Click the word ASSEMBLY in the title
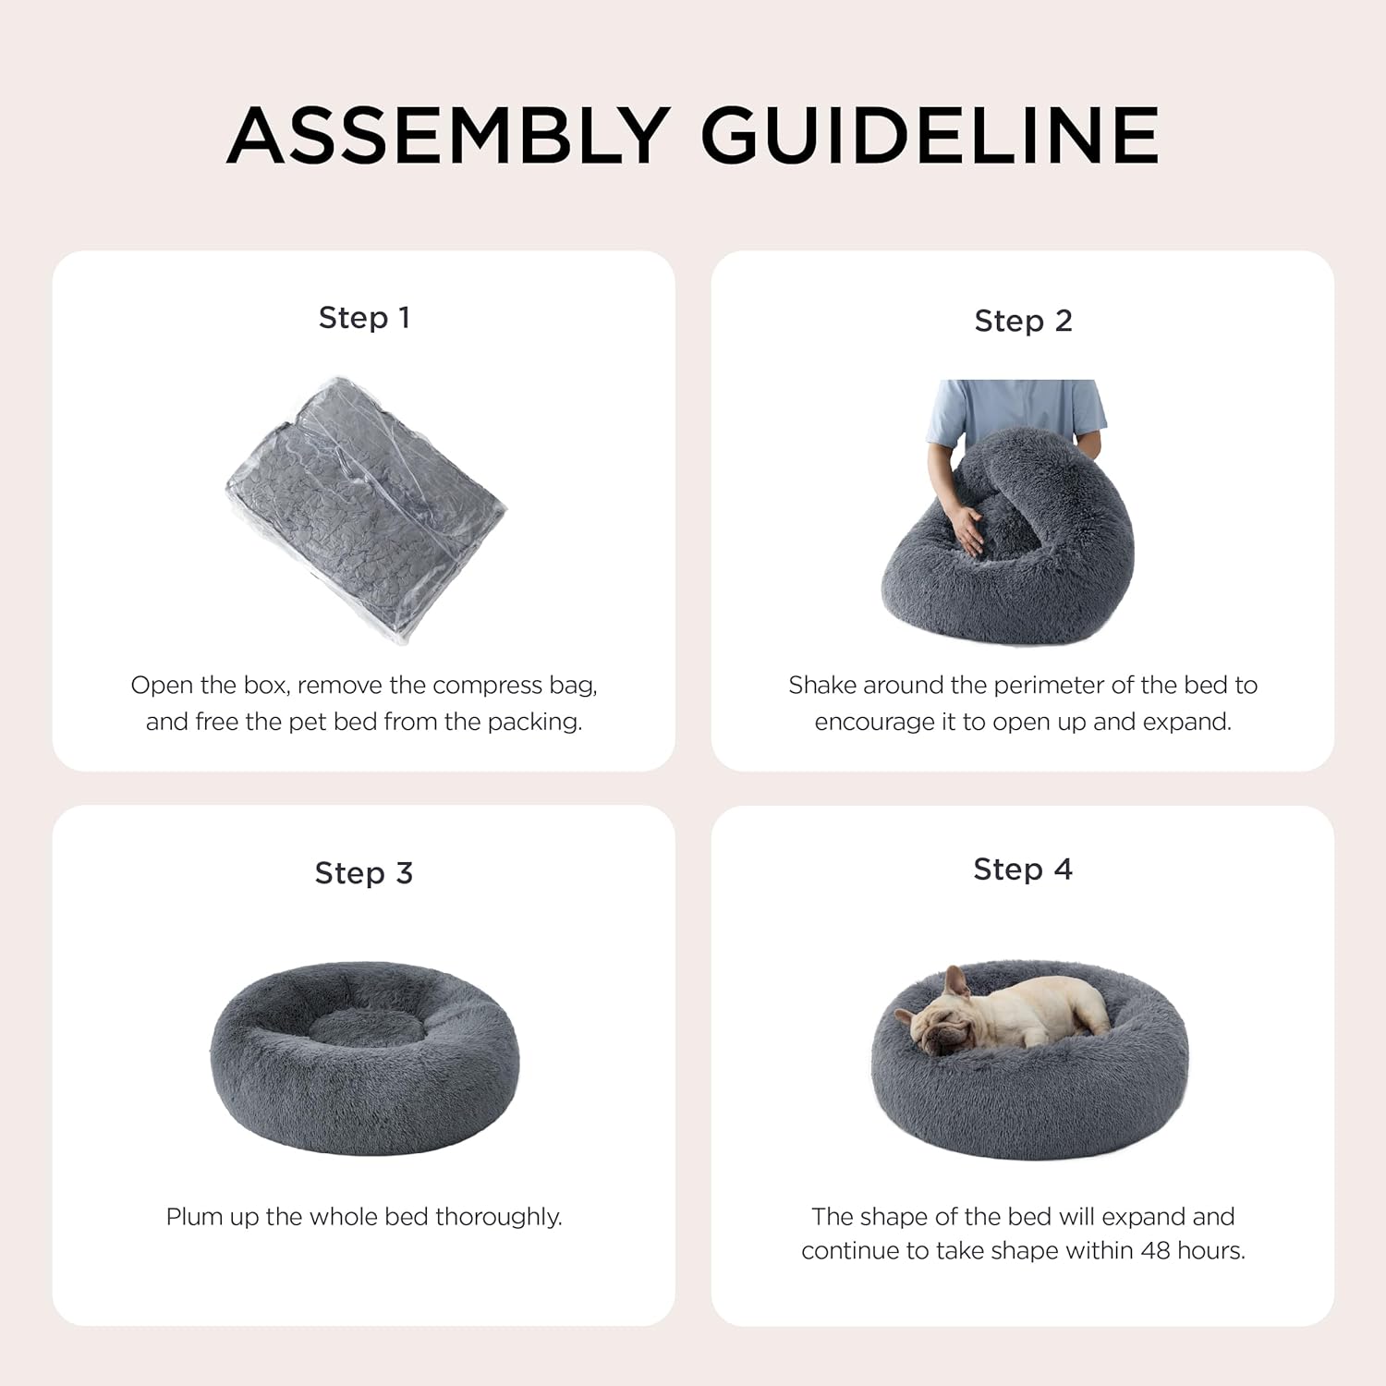point(447,135)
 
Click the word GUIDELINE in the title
point(930,135)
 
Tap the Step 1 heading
point(364,317)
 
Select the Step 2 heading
point(1023,321)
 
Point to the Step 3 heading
point(364,873)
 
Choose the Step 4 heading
point(1023,869)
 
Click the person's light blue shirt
point(1016,412)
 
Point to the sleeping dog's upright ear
point(955,982)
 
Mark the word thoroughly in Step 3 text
point(498,1217)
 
